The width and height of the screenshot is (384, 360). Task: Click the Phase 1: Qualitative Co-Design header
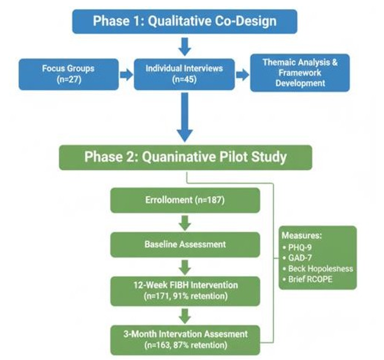[184, 21]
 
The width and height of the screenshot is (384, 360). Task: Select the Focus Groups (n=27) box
[68, 74]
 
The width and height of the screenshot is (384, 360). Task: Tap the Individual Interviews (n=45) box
[184, 74]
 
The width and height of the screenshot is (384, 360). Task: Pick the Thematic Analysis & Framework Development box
[300, 73]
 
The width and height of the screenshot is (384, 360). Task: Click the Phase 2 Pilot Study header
[185, 157]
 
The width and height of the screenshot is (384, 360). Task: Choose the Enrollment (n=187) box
[185, 200]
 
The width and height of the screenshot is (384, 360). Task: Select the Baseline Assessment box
[185, 244]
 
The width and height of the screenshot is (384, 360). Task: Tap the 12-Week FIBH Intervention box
[185, 290]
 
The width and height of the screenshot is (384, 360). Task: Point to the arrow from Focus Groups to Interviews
[126, 75]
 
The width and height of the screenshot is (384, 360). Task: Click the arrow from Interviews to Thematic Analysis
[242, 75]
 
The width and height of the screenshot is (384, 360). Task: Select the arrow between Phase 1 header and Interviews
[185, 46]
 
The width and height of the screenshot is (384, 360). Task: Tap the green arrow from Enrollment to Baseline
[185, 222]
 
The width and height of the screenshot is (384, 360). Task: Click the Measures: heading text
[302, 236]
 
